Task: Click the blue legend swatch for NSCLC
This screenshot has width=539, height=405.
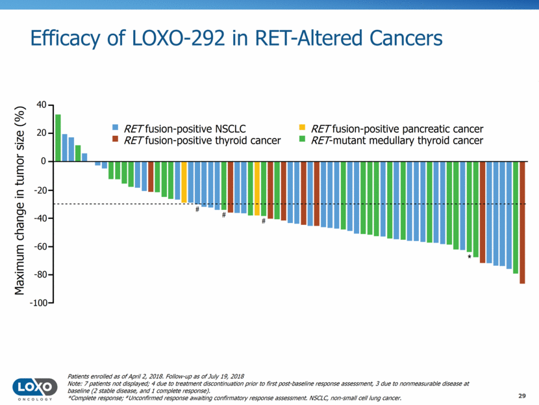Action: point(116,128)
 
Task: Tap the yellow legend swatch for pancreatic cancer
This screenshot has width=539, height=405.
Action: point(302,128)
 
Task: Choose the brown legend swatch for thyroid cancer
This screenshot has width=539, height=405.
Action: point(116,140)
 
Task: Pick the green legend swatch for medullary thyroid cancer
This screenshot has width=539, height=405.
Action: point(302,140)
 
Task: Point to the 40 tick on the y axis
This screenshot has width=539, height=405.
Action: point(42,105)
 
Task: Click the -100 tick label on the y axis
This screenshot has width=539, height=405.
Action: point(38,304)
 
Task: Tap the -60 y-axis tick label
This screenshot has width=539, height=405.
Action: point(40,247)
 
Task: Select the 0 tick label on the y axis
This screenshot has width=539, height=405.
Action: point(44,161)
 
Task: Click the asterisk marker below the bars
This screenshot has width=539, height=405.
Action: point(470,257)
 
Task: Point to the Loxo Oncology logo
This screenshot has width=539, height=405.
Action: point(32,387)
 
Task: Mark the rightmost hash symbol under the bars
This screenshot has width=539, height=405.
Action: point(264,221)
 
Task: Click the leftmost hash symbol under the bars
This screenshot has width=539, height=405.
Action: point(197,209)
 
